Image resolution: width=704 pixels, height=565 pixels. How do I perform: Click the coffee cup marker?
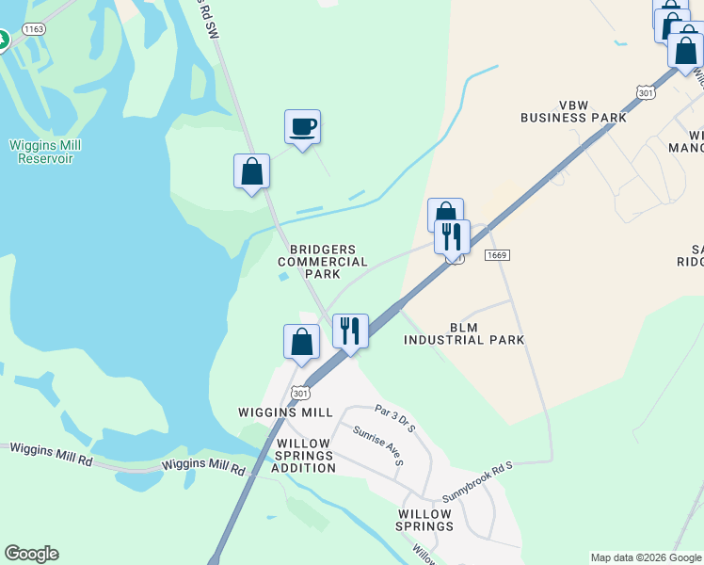[302, 126]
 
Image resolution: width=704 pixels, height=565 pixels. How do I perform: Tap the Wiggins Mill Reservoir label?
[45, 152]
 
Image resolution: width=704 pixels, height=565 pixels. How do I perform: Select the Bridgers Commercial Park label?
[323, 261]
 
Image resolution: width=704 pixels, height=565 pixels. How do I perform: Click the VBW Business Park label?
[573, 111]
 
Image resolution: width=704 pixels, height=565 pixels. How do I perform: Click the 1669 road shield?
[498, 256]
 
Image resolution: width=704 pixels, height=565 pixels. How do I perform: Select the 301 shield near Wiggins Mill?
[300, 392]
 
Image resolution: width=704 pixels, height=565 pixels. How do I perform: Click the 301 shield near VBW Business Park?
[645, 92]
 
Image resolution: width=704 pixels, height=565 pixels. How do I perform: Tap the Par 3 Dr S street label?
[394, 417]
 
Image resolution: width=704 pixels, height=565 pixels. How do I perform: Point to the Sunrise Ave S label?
[378, 446]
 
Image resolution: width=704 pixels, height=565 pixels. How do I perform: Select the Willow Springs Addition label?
[303, 455]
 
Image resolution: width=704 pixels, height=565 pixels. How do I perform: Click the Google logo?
[31, 554]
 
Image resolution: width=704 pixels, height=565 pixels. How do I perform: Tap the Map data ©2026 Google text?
[646, 557]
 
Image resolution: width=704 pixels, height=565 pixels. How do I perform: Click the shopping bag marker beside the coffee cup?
[251, 171]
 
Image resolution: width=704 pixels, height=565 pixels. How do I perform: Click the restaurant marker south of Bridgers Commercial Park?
[350, 331]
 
